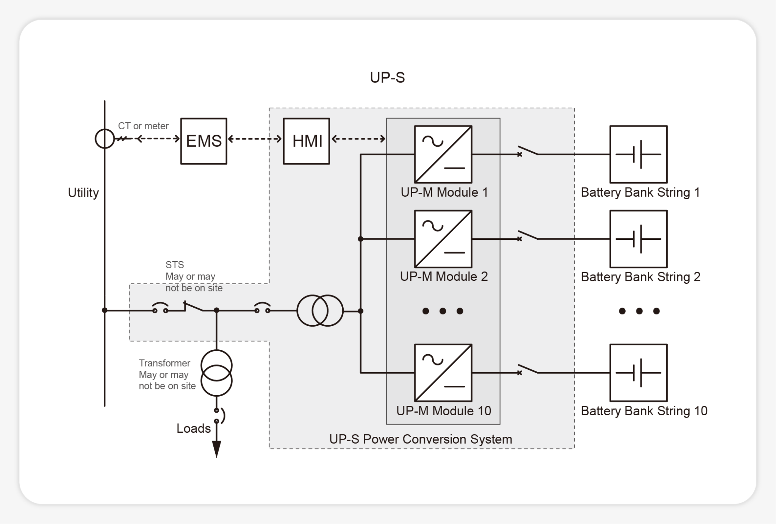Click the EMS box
coord(203,141)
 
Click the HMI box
coord(306,141)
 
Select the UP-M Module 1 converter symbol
coord(443,154)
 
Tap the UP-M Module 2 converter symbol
coord(443,239)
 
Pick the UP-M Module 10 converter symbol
coord(443,372)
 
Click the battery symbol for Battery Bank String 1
coord(638,154)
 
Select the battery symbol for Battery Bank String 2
coord(638,239)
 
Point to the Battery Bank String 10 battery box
coord(638,372)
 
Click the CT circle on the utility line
coord(105,139)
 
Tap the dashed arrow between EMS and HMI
coord(255,139)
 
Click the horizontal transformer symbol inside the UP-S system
coord(320,311)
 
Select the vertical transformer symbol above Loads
coord(216,373)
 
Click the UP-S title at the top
coord(387,77)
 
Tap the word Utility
coord(83,192)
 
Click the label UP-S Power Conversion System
coord(421,439)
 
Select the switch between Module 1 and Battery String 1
coord(528,152)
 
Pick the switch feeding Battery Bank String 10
coord(528,370)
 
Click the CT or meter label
coord(143,126)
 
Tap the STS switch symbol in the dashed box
coord(193,307)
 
